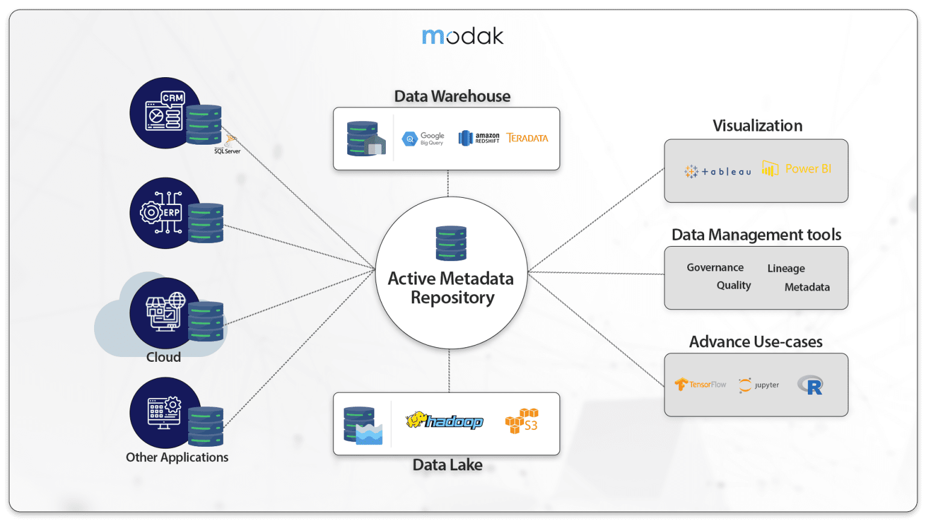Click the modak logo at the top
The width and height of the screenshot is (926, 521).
coord(462,36)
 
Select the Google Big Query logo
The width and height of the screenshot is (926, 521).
coord(423,139)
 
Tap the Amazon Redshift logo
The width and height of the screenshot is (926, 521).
coord(479,138)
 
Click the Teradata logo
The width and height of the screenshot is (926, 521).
coord(528,138)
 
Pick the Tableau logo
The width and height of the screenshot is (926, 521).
coord(718,171)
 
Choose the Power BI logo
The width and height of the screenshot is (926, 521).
coord(796,169)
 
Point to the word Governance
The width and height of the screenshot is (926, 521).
coord(715,267)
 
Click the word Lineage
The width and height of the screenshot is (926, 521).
coord(786,268)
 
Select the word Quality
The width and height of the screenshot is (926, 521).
coord(734,285)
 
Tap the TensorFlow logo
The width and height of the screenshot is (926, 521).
coord(701,384)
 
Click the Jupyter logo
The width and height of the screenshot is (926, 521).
coord(759,385)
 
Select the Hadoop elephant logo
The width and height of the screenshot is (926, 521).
coord(444,421)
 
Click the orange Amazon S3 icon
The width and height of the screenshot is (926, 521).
coord(521,421)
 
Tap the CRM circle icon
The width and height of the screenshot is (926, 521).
coord(165,112)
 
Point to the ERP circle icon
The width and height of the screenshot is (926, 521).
coord(165,212)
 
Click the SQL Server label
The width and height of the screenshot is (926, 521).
coord(227,151)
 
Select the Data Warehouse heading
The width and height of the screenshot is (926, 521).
coord(452,96)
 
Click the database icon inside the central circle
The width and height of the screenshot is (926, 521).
coord(451,243)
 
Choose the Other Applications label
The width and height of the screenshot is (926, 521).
coord(177,457)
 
